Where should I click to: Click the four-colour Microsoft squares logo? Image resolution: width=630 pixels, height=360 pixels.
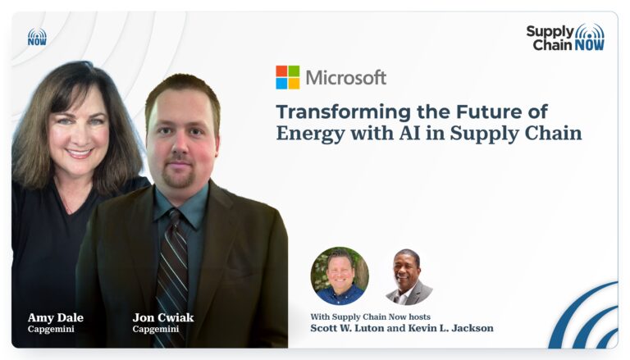coord(288,77)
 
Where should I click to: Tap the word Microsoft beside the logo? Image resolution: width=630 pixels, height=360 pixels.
coord(346,78)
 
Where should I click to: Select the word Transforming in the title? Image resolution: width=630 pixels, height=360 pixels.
coord(344,112)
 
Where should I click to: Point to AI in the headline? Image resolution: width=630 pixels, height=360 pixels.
coord(409,133)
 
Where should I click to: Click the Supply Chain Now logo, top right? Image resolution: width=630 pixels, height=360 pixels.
coord(565,38)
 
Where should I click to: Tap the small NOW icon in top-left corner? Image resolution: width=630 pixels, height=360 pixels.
coord(37,37)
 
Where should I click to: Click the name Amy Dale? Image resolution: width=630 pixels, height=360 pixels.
coord(56,317)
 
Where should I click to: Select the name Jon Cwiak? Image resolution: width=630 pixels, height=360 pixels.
coord(163,317)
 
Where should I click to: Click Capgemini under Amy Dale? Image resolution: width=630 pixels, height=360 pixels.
coord(51,329)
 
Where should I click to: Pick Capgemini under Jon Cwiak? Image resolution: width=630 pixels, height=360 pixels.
coord(156,329)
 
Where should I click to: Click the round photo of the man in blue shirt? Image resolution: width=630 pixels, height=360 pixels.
coord(340,276)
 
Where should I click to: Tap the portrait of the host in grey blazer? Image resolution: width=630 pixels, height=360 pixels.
coord(409,276)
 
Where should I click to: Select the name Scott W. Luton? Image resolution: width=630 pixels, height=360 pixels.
coord(347,328)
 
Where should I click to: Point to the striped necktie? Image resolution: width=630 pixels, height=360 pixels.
coord(173,277)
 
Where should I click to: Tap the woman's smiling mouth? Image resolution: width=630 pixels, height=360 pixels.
coord(79,153)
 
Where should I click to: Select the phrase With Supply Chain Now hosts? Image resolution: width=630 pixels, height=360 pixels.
coord(370,317)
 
